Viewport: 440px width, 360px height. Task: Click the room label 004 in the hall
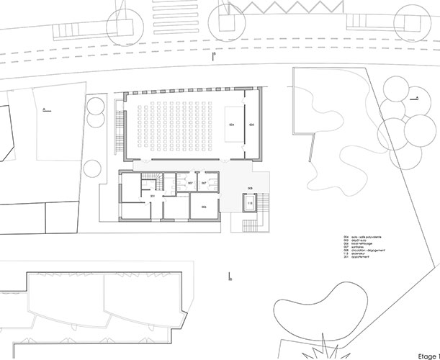[x=232, y=125]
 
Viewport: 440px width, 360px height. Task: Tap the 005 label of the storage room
[x=251, y=125]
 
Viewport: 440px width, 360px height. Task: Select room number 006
[x=205, y=207]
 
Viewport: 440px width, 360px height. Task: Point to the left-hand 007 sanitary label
[x=189, y=184]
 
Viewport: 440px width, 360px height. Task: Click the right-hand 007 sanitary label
[x=205, y=184]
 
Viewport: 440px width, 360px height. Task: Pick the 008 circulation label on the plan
[x=250, y=189]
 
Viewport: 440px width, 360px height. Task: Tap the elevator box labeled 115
[x=250, y=204]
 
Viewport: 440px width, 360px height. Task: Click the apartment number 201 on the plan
[x=153, y=196]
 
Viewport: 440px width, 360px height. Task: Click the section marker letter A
[x=45, y=109]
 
